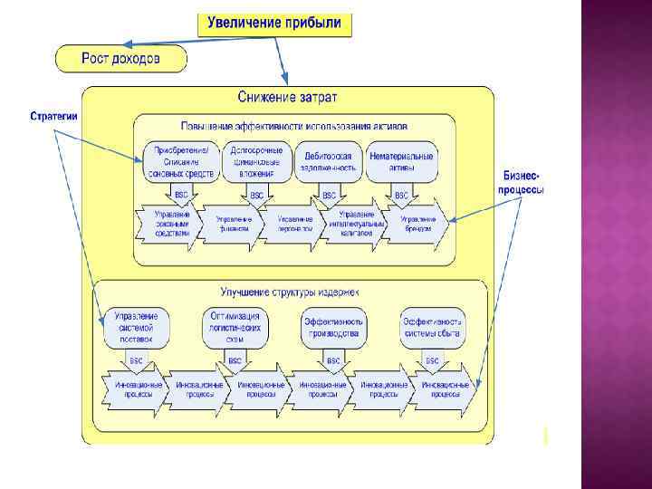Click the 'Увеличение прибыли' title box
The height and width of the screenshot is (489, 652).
coord(274,24)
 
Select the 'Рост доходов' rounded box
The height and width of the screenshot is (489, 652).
coord(121,59)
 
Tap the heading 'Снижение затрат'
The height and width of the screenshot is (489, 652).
coord(287,96)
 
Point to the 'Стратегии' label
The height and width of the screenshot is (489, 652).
coord(54,116)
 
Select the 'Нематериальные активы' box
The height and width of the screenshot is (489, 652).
coord(401,161)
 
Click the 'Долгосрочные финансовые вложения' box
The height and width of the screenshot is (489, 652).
coord(257,161)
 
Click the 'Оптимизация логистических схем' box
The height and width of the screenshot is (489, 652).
coord(235,328)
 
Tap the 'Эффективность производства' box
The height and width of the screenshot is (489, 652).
coord(333,328)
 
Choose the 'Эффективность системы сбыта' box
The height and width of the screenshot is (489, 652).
coord(433,328)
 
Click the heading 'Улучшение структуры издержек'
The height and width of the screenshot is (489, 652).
coord(290,292)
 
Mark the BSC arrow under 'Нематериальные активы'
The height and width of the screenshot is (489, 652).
coord(400,195)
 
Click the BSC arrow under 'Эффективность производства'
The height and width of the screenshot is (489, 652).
coord(333,360)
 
